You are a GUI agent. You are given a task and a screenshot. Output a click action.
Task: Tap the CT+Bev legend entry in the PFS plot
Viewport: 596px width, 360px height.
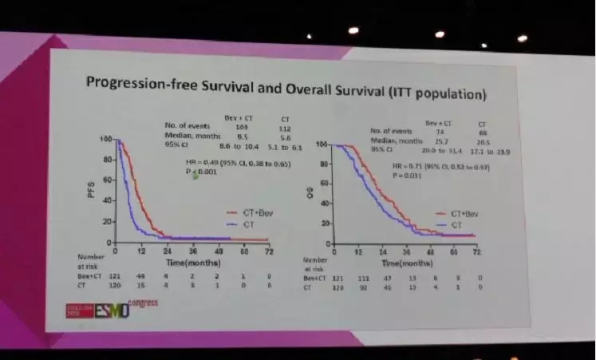[250, 213]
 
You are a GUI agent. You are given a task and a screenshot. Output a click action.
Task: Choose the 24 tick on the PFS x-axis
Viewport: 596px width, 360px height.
[168, 248]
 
